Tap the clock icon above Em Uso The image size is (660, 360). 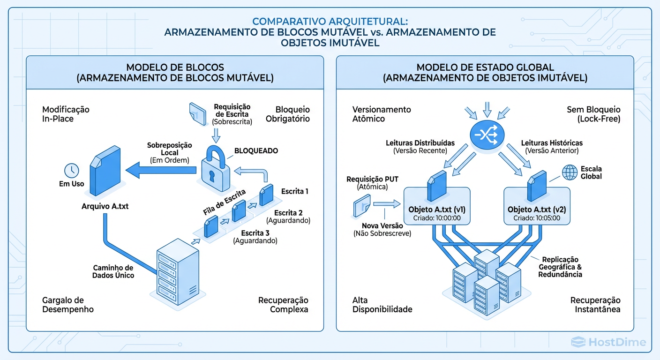(72, 170)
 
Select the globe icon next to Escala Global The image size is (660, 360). (570, 173)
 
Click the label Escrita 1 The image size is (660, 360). (295, 191)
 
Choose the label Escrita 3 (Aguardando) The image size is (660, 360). (256, 237)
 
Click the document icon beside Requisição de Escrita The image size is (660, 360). (198, 113)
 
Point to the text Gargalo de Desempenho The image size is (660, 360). (68, 305)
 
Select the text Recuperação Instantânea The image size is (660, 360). (595, 305)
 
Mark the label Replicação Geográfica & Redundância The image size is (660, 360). (560, 267)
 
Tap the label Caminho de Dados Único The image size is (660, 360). (113, 271)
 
